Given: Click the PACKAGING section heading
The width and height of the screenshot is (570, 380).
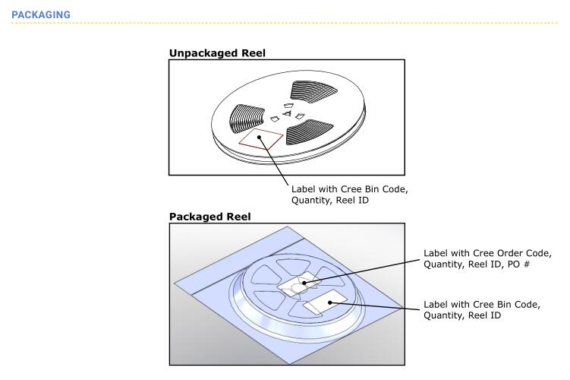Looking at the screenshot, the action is coord(41,15).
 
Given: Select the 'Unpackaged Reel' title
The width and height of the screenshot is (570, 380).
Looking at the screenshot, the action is coord(217,53).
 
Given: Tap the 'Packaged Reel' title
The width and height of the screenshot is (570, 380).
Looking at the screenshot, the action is coord(209,217).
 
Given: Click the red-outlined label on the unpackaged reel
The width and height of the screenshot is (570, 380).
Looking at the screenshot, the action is coord(260,138).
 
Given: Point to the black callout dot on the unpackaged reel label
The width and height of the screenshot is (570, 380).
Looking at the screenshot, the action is coord(259,138).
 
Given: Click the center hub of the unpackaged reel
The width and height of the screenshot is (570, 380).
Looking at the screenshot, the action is coord(288,113).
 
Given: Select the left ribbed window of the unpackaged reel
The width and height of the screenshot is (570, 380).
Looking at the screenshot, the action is coord(246,119).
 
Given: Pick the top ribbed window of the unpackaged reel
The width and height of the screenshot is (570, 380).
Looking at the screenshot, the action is coord(313,90).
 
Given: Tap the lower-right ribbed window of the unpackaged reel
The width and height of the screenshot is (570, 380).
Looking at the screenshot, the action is coord(309,131).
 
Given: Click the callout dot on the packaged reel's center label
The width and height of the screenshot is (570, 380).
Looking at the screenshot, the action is coord(304,283).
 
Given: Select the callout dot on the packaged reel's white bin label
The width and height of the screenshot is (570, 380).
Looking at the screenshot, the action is coord(330,302).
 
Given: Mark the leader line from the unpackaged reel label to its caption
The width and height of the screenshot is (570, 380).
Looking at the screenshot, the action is coord(273,161).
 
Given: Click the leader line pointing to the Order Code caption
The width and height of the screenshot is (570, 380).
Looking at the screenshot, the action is coord(362,271).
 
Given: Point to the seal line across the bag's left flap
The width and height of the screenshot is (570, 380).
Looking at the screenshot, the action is coord(248,267).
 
